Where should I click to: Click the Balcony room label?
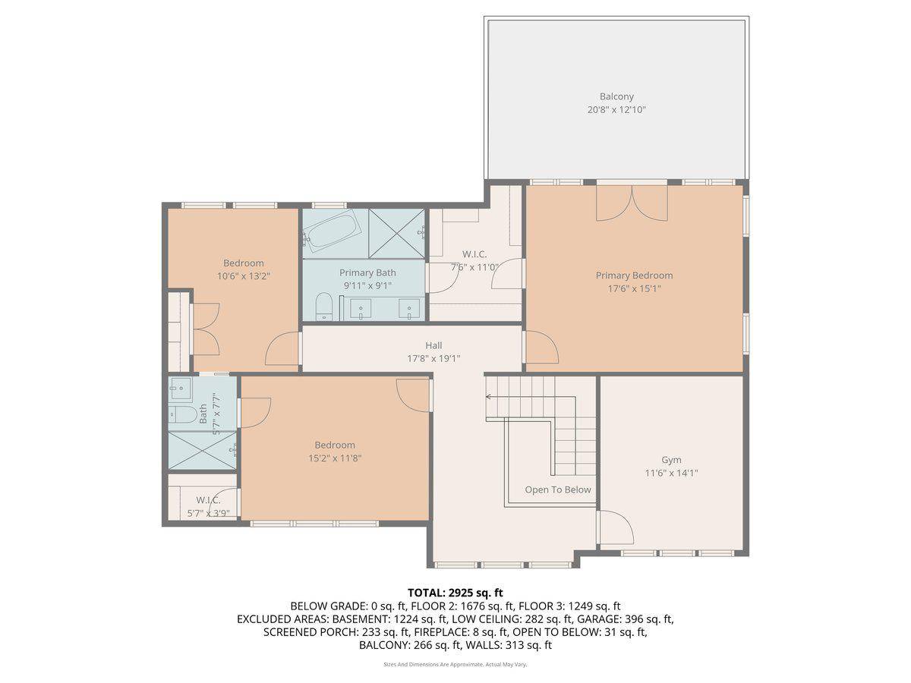(x=616, y=96)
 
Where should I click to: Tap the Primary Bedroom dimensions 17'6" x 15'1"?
(x=634, y=288)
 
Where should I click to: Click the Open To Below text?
(x=558, y=489)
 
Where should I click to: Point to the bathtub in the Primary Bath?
(x=335, y=231)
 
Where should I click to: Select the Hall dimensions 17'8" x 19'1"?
(x=433, y=358)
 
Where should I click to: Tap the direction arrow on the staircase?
(x=490, y=396)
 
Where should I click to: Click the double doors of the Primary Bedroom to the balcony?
(x=632, y=202)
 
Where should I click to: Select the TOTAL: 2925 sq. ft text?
(x=455, y=592)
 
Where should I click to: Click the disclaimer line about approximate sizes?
(x=455, y=664)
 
